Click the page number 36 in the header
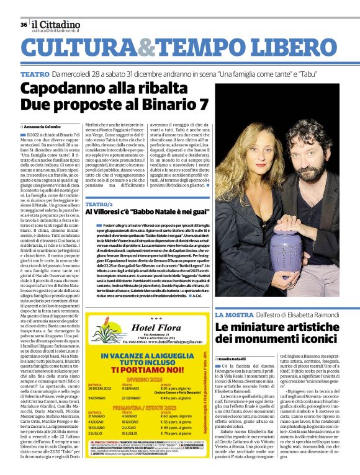click(23, 25)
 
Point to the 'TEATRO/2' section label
click(99, 204)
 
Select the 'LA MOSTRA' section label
click(234, 316)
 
